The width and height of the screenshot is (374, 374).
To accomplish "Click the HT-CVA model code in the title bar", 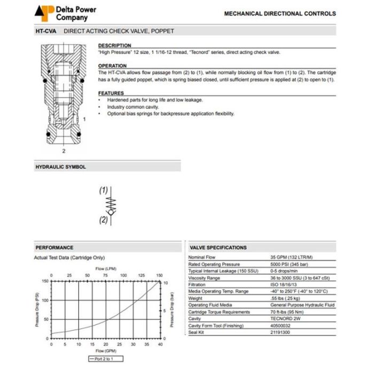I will [46, 31].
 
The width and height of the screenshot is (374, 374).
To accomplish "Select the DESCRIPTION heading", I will [114, 45].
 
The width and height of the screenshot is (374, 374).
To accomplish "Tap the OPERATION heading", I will [113, 66].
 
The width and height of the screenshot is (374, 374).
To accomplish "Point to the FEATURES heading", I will [111, 93].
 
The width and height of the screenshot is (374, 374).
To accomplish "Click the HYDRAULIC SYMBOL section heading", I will [60, 167].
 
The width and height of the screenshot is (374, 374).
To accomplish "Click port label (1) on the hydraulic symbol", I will [104, 190].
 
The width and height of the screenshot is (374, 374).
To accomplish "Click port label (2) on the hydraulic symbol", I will [104, 219].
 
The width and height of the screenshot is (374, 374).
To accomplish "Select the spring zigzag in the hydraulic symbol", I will [112, 203].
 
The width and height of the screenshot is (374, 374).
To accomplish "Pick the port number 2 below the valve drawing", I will [64, 151].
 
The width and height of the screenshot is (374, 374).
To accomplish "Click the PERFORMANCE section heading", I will [54, 247].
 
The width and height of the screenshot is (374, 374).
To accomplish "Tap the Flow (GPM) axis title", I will [106, 352].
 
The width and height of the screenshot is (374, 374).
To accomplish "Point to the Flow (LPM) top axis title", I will [106, 268].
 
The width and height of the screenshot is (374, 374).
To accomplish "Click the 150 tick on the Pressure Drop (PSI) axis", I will [45, 281].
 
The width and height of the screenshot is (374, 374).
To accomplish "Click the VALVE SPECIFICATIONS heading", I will [219, 247].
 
